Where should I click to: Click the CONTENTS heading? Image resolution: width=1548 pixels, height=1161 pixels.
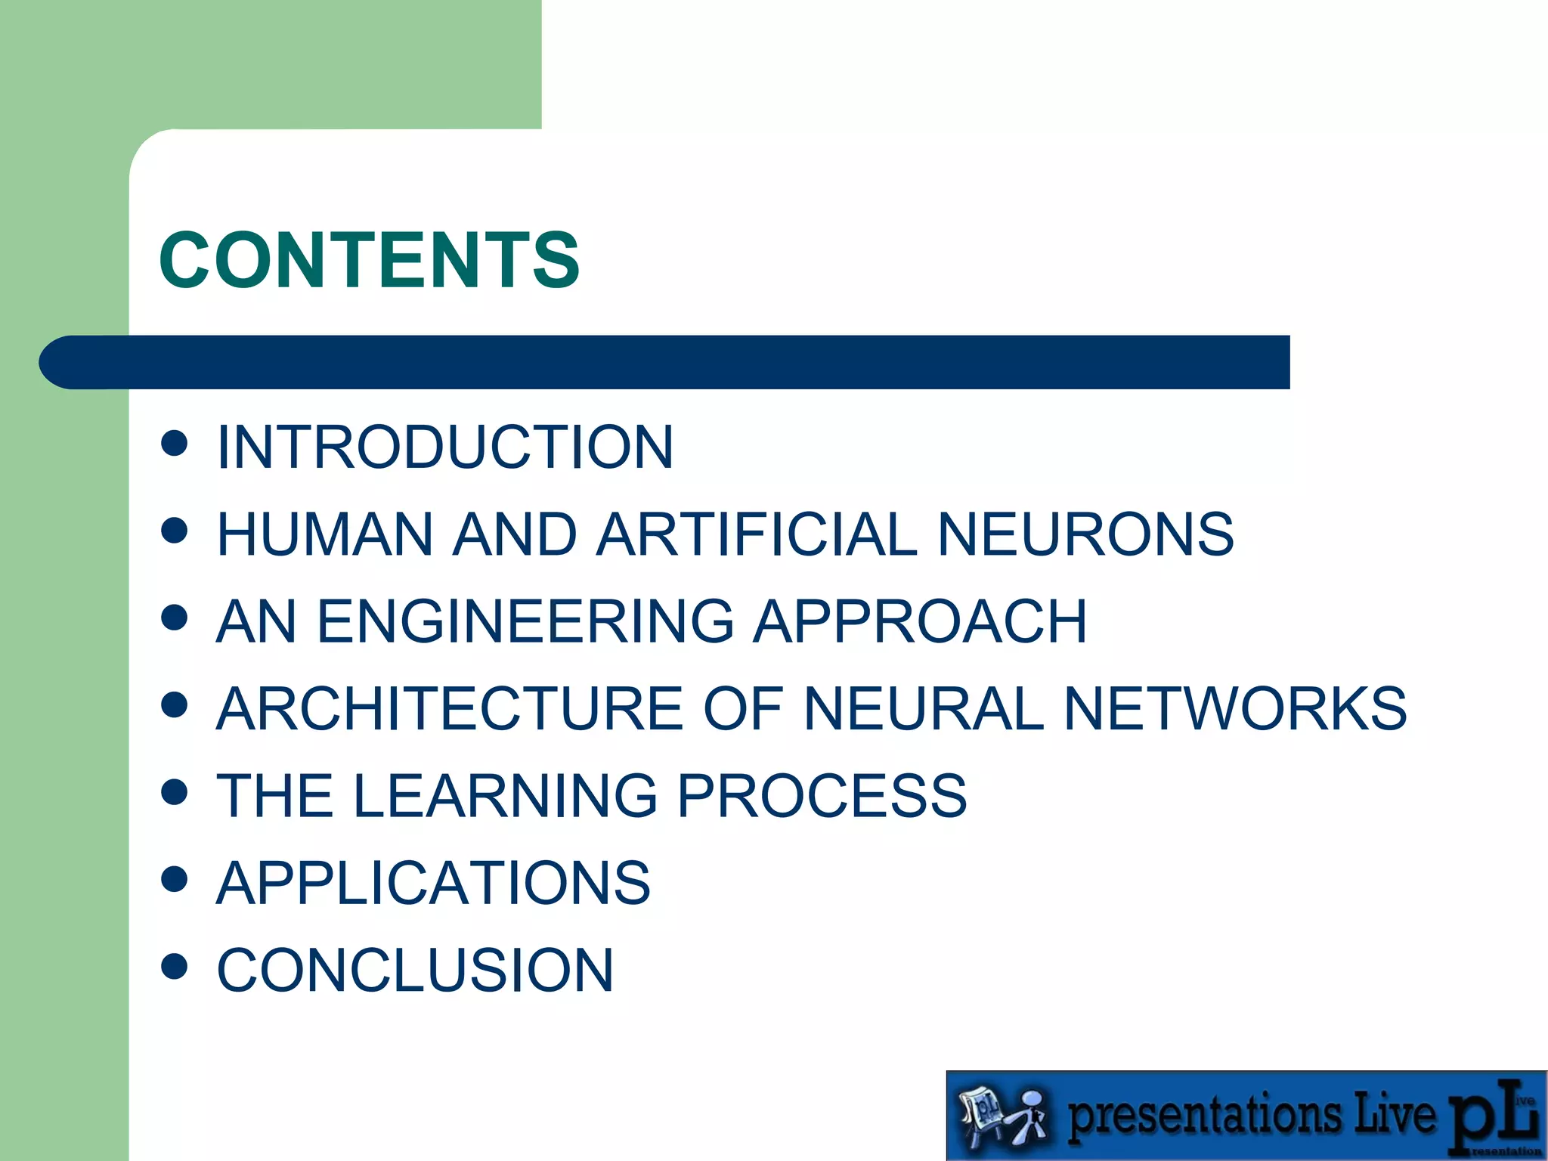pyautogui.click(x=369, y=261)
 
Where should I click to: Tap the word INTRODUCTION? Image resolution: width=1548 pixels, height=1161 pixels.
pyautogui.click(x=444, y=447)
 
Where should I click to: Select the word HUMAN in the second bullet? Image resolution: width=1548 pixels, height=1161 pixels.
pyautogui.click(x=324, y=534)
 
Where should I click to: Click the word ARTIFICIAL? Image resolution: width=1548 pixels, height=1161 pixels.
pyautogui.click(x=757, y=534)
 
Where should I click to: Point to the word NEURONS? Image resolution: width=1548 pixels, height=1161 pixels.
pyautogui.click(x=1085, y=534)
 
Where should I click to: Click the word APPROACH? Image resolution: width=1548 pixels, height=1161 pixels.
pyautogui.click(x=920, y=621)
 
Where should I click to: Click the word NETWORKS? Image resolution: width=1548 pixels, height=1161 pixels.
pyautogui.click(x=1235, y=709)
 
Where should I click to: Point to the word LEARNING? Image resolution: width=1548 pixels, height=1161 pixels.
pyautogui.click(x=505, y=796)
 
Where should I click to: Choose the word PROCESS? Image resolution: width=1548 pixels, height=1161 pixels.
pyautogui.click(x=822, y=796)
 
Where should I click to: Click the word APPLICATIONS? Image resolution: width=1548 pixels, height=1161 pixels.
pyautogui.click(x=433, y=883)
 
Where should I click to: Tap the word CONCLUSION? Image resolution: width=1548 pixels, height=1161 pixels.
pyautogui.click(x=415, y=971)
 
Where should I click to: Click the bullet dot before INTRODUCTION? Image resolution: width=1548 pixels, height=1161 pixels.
pyautogui.click(x=175, y=444)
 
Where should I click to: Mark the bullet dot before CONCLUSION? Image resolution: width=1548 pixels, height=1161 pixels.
pyautogui.click(x=175, y=966)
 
